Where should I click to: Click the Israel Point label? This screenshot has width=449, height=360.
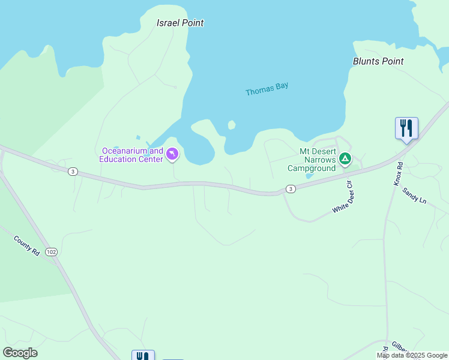pos(180,23)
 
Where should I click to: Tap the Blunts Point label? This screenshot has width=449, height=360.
pos(378,61)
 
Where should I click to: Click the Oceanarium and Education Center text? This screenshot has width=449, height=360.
pos(131,155)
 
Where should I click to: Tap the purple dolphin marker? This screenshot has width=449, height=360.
pos(172,155)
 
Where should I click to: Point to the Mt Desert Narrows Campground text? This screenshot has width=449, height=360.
pos(311,160)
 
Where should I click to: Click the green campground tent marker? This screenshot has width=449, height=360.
pos(345,159)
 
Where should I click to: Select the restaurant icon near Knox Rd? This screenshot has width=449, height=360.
pos(406,128)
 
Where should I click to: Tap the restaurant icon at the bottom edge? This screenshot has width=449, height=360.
pos(143,356)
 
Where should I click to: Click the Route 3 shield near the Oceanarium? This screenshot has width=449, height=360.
pos(73,172)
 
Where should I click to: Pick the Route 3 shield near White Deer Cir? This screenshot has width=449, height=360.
pos(291,189)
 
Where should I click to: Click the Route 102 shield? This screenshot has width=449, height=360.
pos(51,252)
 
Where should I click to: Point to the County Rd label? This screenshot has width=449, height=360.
pos(27,246)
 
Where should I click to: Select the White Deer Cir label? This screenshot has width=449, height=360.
pos(345,199)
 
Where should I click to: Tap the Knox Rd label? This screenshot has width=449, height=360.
pos(399,173)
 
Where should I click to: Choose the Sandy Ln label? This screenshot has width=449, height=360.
pos(414,195)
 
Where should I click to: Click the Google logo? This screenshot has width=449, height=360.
pos(20,353)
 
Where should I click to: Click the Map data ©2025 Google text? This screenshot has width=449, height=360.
pos(412,355)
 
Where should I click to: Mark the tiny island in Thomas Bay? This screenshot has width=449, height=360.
pos(231,125)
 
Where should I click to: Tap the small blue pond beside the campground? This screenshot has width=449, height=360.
pos(309,175)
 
